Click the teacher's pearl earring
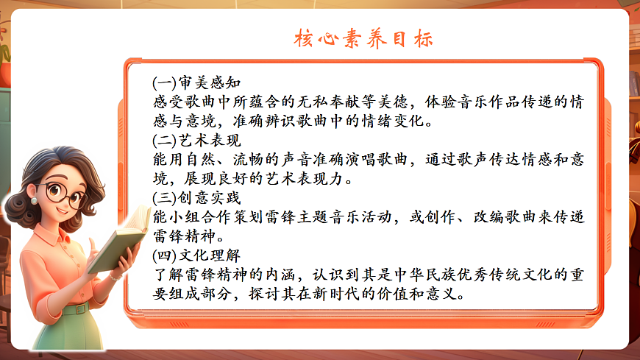pyautogui.click(x=34, y=200)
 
